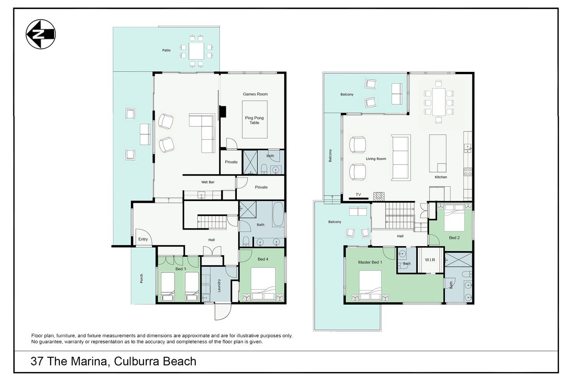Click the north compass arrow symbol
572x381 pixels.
[x=41, y=34]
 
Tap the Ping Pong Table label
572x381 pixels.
[x=254, y=120]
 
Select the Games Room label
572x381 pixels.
[x=255, y=94]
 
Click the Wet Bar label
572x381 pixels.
[x=208, y=182]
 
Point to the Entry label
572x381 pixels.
[x=143, y=239]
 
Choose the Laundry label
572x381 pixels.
[x=219, y=285]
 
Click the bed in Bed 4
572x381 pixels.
[x=263, y=284]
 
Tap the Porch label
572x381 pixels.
[x=142, y=278]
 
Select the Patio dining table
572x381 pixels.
[x=196, y=51]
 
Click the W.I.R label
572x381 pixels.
[x=430, y=260]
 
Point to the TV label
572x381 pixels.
[x=358, y=194]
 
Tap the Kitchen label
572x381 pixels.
[x=441, y=177]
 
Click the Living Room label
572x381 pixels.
[x=376, y=159]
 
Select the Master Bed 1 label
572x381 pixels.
[x=370, y=262]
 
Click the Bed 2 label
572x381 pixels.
[x=454, y=238]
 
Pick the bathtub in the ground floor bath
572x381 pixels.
[x=278, y=214]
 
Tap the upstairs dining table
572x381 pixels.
[x=439, y=102]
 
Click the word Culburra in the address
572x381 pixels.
[x=136, y=361]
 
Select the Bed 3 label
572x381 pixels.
[x=181, y=269]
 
